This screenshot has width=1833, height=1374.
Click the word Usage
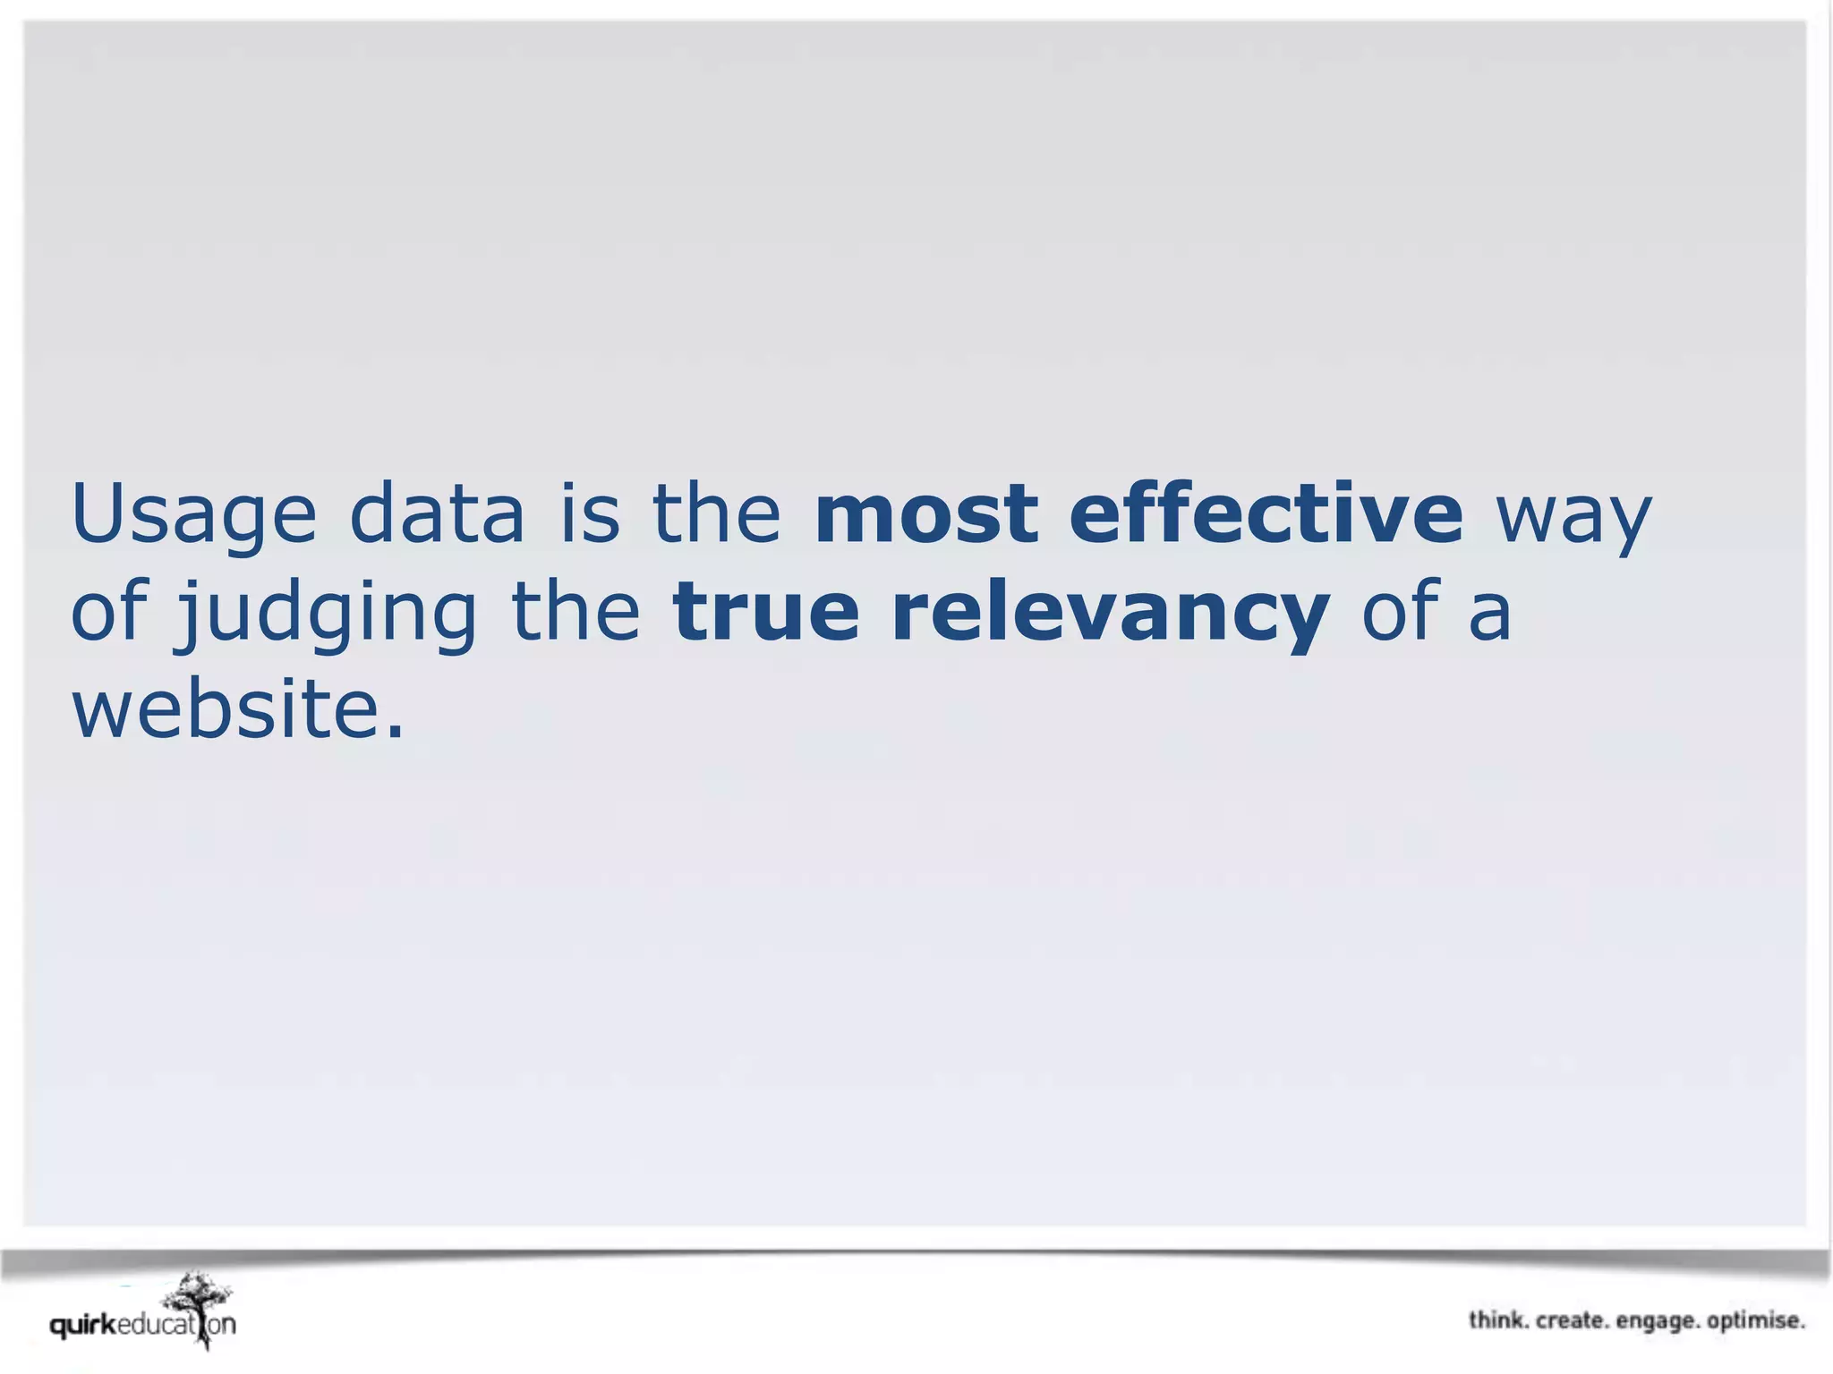click(193, 514)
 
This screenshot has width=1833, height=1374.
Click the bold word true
click(766, 612)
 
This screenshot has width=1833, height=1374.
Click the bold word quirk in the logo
click(83, 1325)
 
